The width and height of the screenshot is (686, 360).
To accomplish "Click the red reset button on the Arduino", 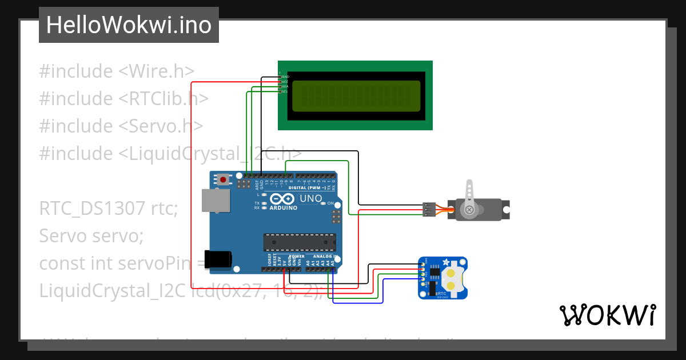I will click(x=223, y=179).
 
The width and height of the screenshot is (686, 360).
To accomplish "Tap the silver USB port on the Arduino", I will click(x=216, y=201).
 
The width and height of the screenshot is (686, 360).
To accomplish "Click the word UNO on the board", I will click(x=310, y=198).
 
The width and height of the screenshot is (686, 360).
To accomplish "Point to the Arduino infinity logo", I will click(x=283, y=199).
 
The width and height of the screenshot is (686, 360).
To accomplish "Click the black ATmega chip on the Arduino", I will click(x=299, y=242).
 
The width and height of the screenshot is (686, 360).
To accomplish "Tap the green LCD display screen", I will click(x=356, y=96).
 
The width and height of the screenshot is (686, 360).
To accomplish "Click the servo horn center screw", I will click(x=469, y=210).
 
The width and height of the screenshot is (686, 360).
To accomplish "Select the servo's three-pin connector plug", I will click(x=429, y=210).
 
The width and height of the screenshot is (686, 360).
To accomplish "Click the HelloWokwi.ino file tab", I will click(x=129, y=25).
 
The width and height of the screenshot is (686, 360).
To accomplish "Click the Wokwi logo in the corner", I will click(x=607, y=315).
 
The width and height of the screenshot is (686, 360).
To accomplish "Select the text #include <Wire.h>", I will click(x=117, y=71).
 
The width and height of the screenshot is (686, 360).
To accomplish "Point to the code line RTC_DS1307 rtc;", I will click(x=109, y=208).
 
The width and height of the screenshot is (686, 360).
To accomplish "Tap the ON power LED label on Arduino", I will click(x=330, y=203).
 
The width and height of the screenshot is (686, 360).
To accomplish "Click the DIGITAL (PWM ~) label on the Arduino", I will click(x=308, y=187).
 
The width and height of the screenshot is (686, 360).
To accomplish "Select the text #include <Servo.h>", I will click(x=121, y=126).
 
